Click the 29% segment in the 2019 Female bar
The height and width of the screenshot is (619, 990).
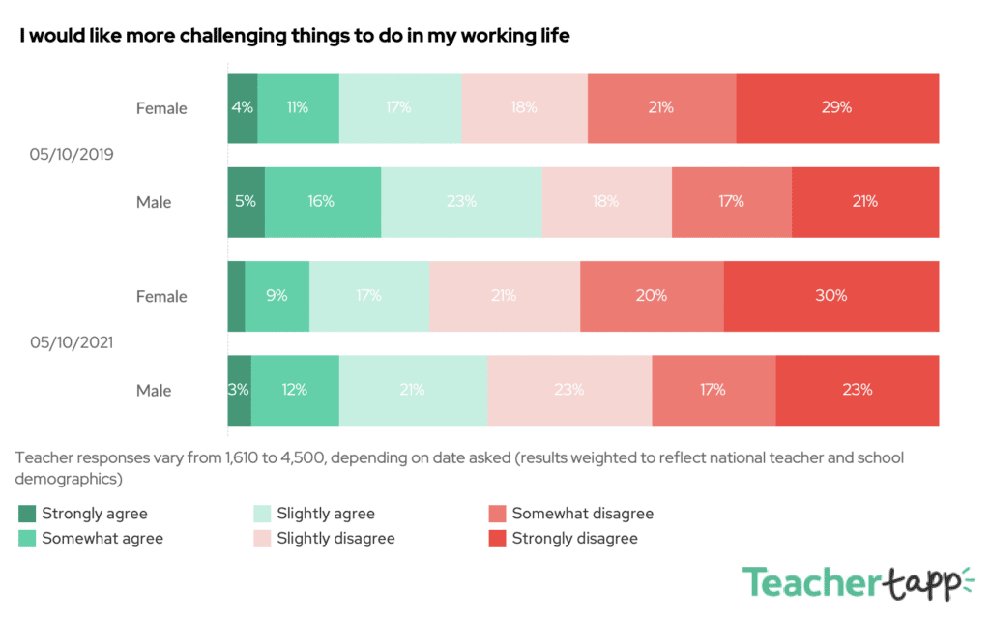[x=837, y=108]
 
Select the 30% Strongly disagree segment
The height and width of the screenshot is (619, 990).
[x=830, y=296]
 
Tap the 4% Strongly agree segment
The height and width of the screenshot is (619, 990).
[x=243, y=108]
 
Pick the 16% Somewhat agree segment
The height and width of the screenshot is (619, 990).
[x=322, y=202]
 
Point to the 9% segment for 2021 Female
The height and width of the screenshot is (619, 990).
[x=277, y=296]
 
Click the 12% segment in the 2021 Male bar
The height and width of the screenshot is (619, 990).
[x=295, y=390]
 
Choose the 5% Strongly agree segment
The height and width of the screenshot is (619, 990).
[x=246, y=202]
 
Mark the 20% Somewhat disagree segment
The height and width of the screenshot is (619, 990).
[x=652, y=296]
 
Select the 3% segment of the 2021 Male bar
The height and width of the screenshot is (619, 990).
[x=239, y=390]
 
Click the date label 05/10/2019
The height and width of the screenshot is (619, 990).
[x=72, y=154]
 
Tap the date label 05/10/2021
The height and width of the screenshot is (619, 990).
[x=72, y=341]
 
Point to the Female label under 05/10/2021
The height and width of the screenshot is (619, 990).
[x=161, y=296]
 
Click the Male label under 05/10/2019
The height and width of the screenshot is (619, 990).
[x=154, y=202]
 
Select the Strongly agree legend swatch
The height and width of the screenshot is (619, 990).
[x=27, y=514]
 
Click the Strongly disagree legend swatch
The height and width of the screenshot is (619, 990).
[x=498, y=538]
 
